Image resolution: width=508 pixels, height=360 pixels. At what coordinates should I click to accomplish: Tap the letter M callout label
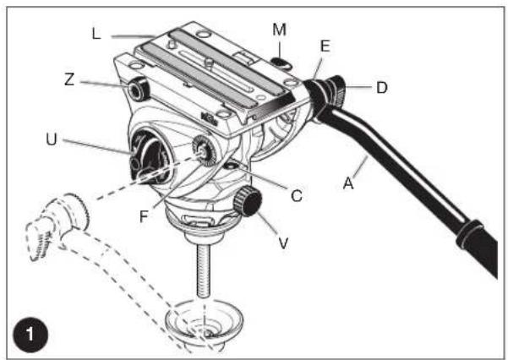280,30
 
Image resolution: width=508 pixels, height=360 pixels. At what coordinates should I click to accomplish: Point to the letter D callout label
382,88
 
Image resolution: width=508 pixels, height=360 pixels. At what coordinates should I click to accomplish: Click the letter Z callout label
68,81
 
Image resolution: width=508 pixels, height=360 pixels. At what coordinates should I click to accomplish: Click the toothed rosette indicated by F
203,150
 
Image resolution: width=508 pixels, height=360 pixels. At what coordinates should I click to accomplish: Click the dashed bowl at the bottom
202,326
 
